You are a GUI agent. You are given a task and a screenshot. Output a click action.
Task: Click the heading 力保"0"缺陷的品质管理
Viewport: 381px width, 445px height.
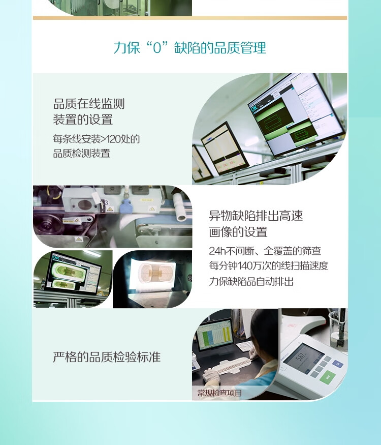[190, 48]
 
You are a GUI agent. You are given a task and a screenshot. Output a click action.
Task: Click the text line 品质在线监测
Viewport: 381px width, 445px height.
[89, 104]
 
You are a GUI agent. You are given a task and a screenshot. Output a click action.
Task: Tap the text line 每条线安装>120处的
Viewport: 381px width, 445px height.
[97, 139]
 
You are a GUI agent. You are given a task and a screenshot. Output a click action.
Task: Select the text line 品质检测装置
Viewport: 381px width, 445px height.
[82, 153]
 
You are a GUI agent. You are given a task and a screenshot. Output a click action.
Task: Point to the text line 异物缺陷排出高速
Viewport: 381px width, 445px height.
[256, 216]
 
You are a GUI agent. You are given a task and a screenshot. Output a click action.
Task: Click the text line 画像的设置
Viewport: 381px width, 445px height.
[238, 232]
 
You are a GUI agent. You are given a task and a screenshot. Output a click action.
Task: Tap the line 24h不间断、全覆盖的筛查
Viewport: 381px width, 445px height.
[265, 251]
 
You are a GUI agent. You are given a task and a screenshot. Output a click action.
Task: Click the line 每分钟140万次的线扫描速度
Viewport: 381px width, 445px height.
[269, 266]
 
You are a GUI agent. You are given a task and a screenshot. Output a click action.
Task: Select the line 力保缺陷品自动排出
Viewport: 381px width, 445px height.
[251, 281]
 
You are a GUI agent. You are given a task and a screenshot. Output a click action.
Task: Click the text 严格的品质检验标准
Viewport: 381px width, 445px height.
[107, 357]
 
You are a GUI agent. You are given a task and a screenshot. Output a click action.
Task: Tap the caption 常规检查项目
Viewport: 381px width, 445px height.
[220, 393]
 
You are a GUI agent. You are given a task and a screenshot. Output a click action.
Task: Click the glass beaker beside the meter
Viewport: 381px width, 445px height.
[338, 331]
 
